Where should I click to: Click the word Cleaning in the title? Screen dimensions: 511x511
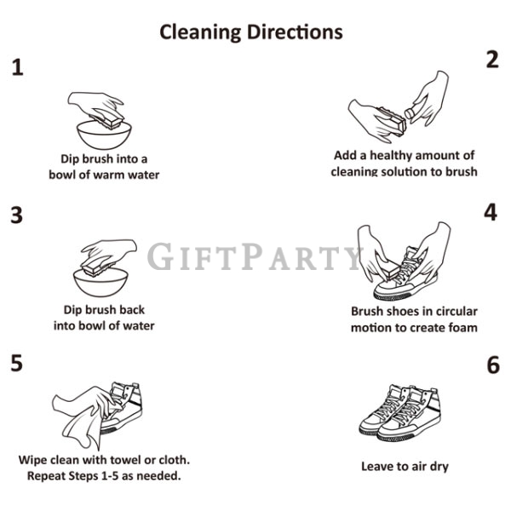[x=200, y=33]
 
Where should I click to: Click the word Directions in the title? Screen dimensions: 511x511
[x=295, y=32]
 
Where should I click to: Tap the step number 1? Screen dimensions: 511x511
[x=18, y=67]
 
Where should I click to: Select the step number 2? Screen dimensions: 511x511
[x=492, y=60]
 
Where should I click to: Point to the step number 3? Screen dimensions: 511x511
[x=17, y=215]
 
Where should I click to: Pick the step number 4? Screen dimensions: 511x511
[x=491, y=212]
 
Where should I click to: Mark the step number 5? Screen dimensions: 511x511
[x=17, y=363]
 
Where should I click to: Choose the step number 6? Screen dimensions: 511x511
[x=493, y=365]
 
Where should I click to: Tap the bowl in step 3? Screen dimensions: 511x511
[x=100, y=283]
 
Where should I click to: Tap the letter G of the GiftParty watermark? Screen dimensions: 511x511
[x=160, y=256]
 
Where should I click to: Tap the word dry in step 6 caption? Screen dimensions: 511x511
[x=439, y=467]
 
